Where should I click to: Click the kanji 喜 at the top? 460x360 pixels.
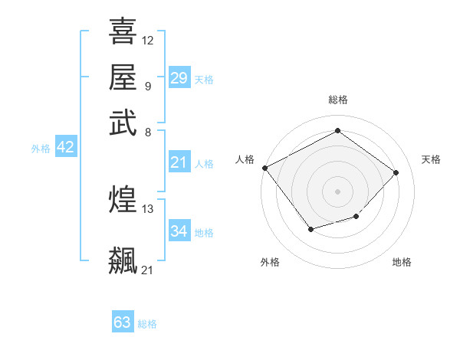pos(123,32)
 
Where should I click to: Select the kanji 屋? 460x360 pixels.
pos(123,77)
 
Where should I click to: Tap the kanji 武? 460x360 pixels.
pos(123,123)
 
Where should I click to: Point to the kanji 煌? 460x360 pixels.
pos(123,200)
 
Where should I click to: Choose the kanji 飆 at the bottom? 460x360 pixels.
pos(123,260)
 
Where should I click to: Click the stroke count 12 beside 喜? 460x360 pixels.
pos(148,40)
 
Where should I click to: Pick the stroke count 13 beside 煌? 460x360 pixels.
pos(148,208)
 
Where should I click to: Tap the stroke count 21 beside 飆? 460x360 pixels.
pos(148,270)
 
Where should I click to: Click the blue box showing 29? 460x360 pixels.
pos(179,78)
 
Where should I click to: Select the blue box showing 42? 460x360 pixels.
pos(65,148)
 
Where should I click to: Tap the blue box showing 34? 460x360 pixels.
pos(179,231)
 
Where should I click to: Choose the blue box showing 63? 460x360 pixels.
pos(123,322)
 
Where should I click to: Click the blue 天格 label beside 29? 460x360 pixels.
pos(204,80)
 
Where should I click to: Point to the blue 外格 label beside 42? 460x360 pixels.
pos(41,149)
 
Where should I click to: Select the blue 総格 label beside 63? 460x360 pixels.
pos(147,324)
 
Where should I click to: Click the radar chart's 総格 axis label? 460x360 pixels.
pos(337,100)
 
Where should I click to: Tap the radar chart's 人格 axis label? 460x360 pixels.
pos(245,159)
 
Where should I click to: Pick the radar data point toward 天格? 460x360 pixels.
pos(396,172)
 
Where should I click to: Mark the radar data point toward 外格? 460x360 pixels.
pos(310,229)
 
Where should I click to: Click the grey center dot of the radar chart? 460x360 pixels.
pos(337,191)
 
